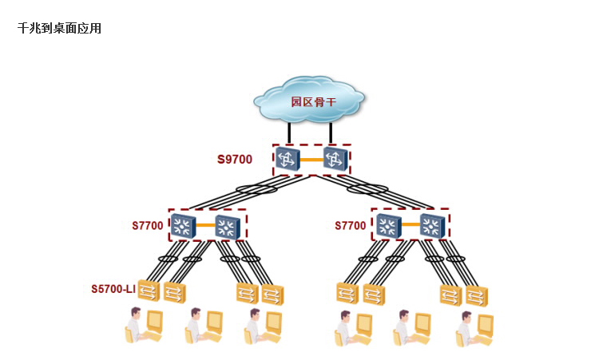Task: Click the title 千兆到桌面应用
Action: (59, 29)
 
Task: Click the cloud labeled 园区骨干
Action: (309, 101)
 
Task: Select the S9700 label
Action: (235, 160)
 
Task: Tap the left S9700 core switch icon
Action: (288, 159)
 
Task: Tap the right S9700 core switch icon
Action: (335, 159)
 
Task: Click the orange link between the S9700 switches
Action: (311, 160)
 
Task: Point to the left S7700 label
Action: (148, 226)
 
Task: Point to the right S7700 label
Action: (351, 226)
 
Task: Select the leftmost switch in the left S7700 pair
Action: (184, 226)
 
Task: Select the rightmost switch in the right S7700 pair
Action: (431, 226)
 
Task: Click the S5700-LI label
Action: (113, 289)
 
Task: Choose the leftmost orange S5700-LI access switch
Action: (149, 291)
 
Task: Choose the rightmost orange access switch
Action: (476, 295)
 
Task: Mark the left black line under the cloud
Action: (288, 133)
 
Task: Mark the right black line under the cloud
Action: (331, 133)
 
